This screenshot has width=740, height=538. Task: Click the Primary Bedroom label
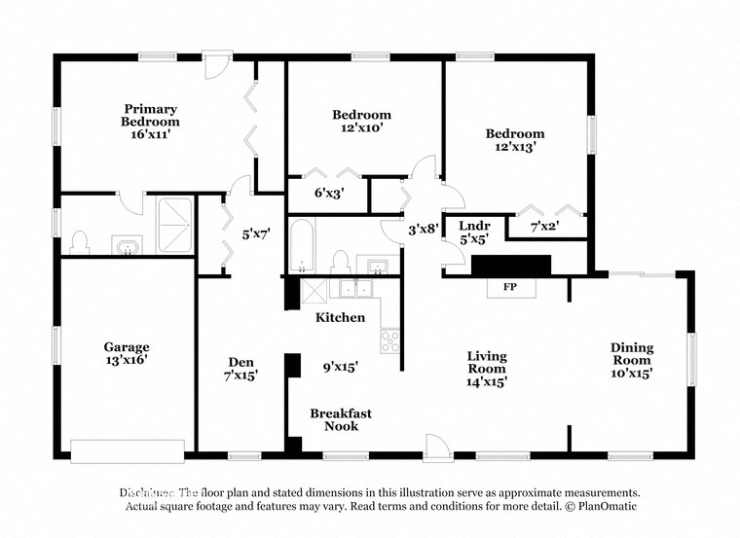click(x=150, y=116)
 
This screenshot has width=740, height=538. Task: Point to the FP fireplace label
click(x=508, y=288)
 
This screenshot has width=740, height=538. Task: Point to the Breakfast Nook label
click(x=341, y=419)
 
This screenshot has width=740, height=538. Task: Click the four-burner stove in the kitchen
click(x=389, y=341)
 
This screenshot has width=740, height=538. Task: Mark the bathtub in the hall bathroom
click(x=302, y=246)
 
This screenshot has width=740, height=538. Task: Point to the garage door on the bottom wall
click(x=127, y=449)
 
